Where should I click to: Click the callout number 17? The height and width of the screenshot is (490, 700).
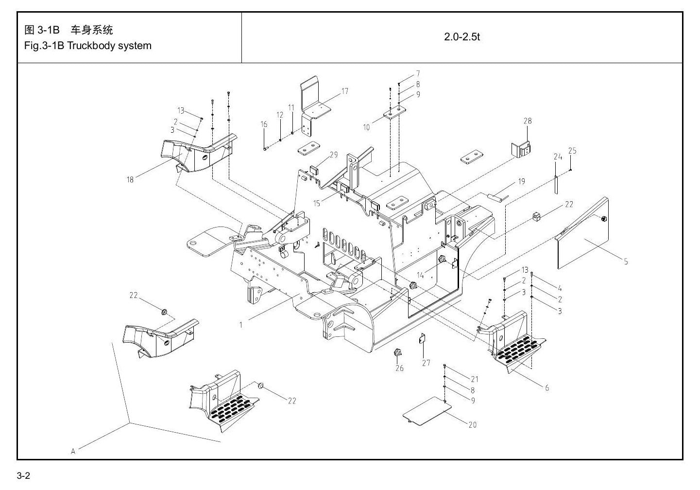pyautogui.click(x=345, y=91)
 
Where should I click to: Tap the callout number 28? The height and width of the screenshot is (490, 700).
pyautogui.click(x=528, y=121)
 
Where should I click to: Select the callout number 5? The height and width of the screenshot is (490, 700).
pyautogui.click(x=626, y=262)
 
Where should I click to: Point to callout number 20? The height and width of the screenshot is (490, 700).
pyautogui.click(x=473, y=425)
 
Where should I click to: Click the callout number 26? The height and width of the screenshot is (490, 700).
pyautogui.click(x=399, y=368)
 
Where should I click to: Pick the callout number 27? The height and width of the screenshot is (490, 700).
pyautogui.click(x=426, y=363)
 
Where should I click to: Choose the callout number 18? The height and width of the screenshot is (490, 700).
pyautogui.click(x=130, y=180)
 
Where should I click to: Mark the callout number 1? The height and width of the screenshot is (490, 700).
pyautogui.click(x=241, y=325)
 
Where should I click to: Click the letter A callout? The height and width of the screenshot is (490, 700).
pyautogui.click(x=73, y=452)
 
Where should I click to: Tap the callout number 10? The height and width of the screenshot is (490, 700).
pyautogui.click(x=366, y=127)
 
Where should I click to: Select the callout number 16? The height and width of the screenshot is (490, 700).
pyautogui.click(x=264, y=124)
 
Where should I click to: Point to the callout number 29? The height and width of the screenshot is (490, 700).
pyautogui.click(x=334, y=155)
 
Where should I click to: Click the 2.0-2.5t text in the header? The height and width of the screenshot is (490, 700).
pyautogui.click(x=462, y=37)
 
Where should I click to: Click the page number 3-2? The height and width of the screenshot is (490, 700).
pyautogui.click(x=23, y=476)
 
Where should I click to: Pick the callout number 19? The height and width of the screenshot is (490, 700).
pyautogui.click(x=521, y=182)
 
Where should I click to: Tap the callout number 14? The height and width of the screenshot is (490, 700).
pyautogui.click(x=420, y=275)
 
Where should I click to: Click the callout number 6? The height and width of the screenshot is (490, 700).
pyautogui.click(x=547, y=388)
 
